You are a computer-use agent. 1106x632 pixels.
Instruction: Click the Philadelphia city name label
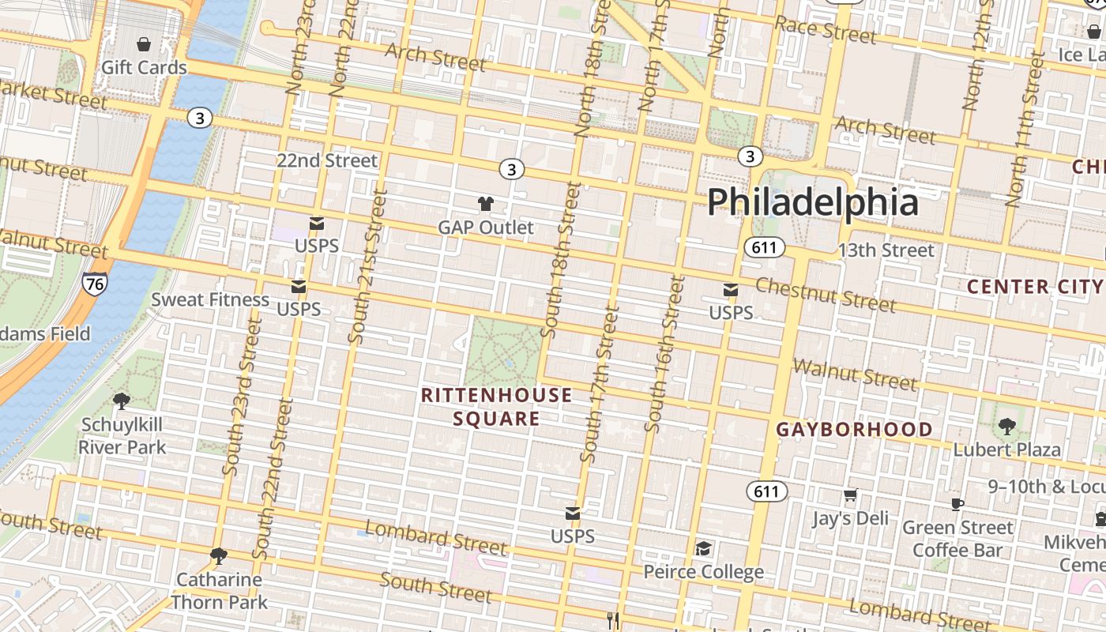[812, 202]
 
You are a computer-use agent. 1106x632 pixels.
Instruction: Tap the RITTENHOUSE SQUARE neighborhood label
[496, 407]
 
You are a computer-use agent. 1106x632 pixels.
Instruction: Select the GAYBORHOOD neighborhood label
[854, 430]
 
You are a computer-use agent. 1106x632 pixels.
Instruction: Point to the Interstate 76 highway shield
[94, 284]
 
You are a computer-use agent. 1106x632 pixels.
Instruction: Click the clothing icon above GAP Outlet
[486, 204]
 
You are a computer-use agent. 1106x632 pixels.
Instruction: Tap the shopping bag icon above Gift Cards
[144, 44]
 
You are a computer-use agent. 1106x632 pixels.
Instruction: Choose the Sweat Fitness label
[210, 299]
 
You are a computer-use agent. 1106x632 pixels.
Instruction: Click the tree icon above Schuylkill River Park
[122, 401]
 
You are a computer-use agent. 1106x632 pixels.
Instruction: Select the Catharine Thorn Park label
[219, 590]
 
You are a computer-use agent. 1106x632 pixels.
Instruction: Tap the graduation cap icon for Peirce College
[703, 548]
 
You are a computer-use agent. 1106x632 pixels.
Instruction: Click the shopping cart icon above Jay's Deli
[850, 495]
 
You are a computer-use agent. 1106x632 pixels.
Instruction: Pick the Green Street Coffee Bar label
[957, 538]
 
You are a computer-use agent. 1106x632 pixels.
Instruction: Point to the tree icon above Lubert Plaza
[1006, 427]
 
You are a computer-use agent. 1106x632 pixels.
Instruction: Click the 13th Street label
[886, 250]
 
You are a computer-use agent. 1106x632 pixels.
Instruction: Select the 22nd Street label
[327, 160]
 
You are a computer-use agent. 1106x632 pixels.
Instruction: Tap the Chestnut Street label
[826, 294]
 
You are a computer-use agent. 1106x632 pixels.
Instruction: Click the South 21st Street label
[368, 267]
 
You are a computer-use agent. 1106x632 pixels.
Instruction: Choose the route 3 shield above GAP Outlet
[512, 169]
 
